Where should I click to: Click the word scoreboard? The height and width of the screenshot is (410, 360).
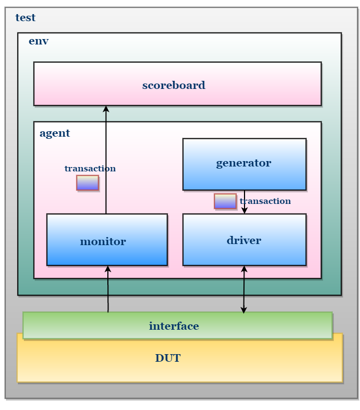173,85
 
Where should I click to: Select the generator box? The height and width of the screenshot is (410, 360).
245,164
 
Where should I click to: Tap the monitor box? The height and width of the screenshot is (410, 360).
107,240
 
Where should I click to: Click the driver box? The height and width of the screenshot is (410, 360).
245,240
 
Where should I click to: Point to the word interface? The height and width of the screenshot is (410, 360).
174,326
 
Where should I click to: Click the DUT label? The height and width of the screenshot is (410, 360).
168,358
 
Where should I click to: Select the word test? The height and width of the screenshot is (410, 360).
25,18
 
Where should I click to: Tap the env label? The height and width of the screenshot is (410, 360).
38,41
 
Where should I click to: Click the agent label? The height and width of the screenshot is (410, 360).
55,133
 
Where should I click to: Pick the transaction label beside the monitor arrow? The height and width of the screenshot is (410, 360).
90,168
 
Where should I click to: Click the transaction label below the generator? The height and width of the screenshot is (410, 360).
265,201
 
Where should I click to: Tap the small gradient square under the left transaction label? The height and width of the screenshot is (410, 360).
88,183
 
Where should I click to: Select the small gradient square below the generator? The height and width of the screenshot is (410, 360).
225,201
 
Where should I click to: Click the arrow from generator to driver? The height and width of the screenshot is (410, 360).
245,202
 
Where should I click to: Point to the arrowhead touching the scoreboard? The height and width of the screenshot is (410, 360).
106,109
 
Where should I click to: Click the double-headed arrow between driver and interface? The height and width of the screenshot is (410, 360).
244,289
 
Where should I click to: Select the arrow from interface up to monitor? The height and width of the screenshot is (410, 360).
108,289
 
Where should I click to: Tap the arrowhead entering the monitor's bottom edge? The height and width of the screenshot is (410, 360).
108,269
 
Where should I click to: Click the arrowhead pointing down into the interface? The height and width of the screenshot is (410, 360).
243,310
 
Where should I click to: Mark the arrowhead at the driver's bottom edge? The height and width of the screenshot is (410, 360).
244,269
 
